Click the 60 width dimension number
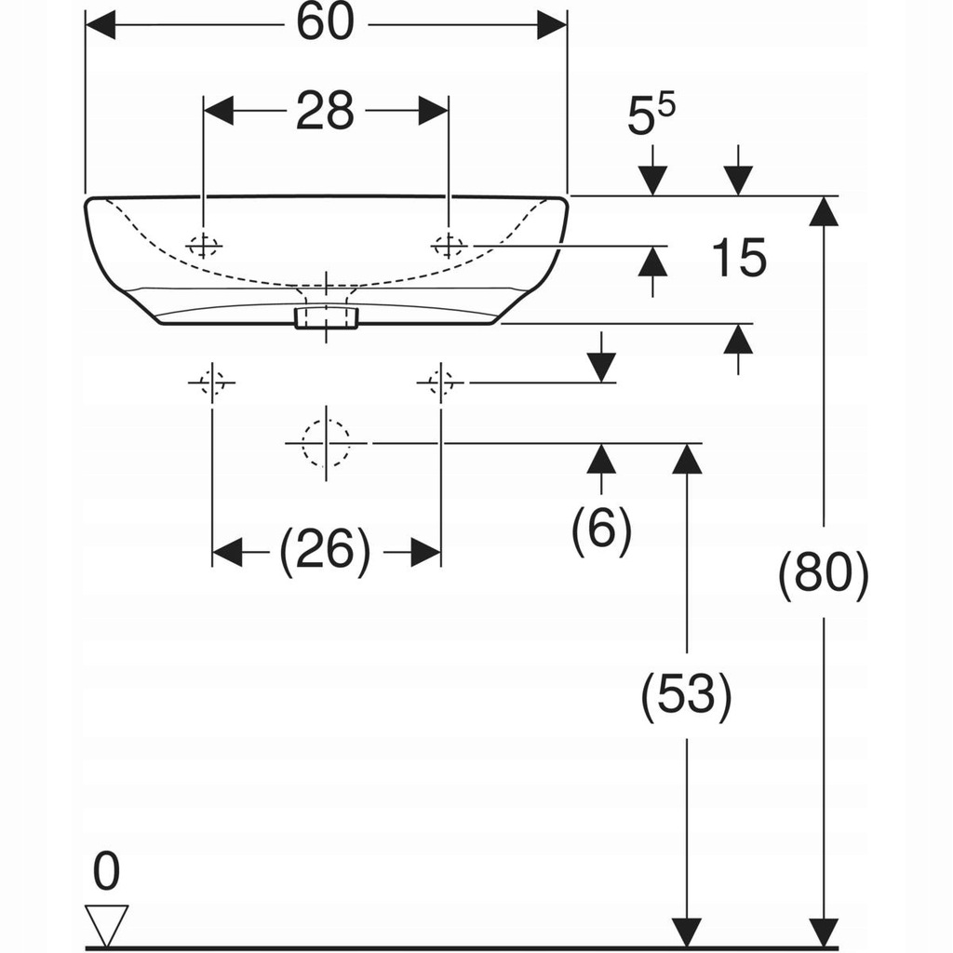326,24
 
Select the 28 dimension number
326,111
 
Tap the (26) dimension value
326,552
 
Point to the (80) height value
824,574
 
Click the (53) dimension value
687,695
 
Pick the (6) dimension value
601,530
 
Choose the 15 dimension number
739,258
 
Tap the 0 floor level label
107,872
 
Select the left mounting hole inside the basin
203,246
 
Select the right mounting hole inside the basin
449,246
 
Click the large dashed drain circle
326,444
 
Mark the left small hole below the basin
212,383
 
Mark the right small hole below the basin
440,383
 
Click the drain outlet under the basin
326,317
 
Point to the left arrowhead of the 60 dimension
100,25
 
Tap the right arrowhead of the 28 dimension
434,111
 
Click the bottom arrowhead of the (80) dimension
823,931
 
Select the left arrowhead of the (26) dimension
227,552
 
